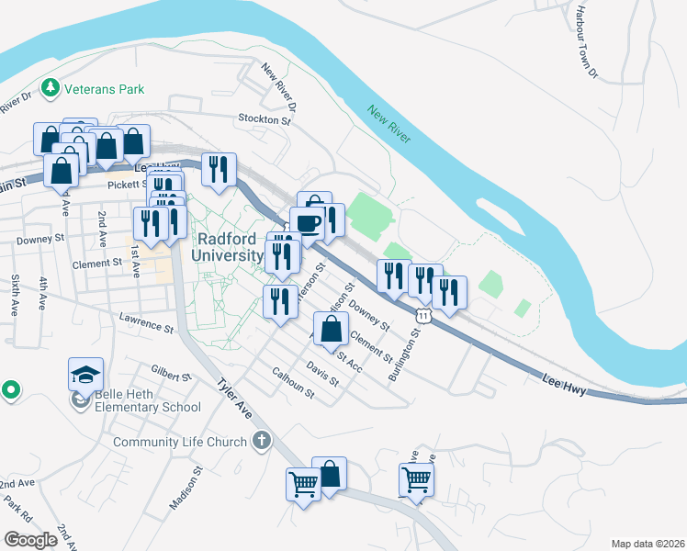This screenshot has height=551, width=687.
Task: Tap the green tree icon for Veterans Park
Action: pyautogui.click(x=50, y=89)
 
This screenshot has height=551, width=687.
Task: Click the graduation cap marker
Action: pyautogui.click(x=85, y=376)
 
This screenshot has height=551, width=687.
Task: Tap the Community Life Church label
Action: pyautogui.click(x=180, y=442)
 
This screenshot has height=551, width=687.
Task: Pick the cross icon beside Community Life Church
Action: pyautogui.click(x=262, y=441)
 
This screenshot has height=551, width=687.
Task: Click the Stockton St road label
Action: pyautogui.click(x=264, y=119)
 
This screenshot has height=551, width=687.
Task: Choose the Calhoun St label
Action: pyautogui.click(x=293, y=384)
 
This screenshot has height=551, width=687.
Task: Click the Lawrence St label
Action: pyautogui.click(x=146, y=321)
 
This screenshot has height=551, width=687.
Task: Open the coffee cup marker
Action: pyautogui.click(x=307, y=223)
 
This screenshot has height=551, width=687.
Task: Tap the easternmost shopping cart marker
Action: pyautogui.click(x=416, y=479)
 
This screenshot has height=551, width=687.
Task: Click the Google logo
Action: pyautogui.click(x=30, y=539)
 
